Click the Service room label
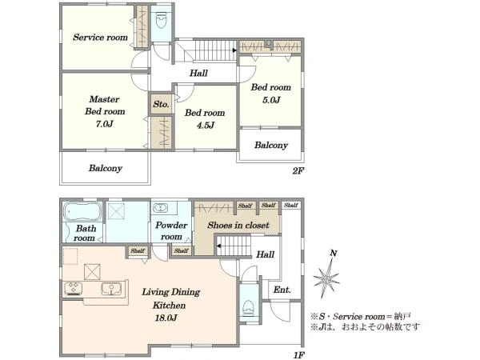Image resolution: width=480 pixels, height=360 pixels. click(x=101, y=38)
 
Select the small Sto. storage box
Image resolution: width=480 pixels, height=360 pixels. click(x=160, y=104)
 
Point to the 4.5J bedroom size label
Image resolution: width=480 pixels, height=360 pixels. click(x=204, y=124)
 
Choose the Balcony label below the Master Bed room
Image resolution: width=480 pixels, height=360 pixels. click(x=105, y=168)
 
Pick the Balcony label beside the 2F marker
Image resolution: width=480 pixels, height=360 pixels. click(x=271, y=145)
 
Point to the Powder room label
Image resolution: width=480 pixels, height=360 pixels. click(x=171, y=230)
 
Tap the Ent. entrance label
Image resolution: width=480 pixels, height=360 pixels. click(x=282, y=289)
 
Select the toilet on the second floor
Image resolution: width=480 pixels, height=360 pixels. click(x=161, y=22)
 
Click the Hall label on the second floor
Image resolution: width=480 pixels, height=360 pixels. click(x=199, y=74)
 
